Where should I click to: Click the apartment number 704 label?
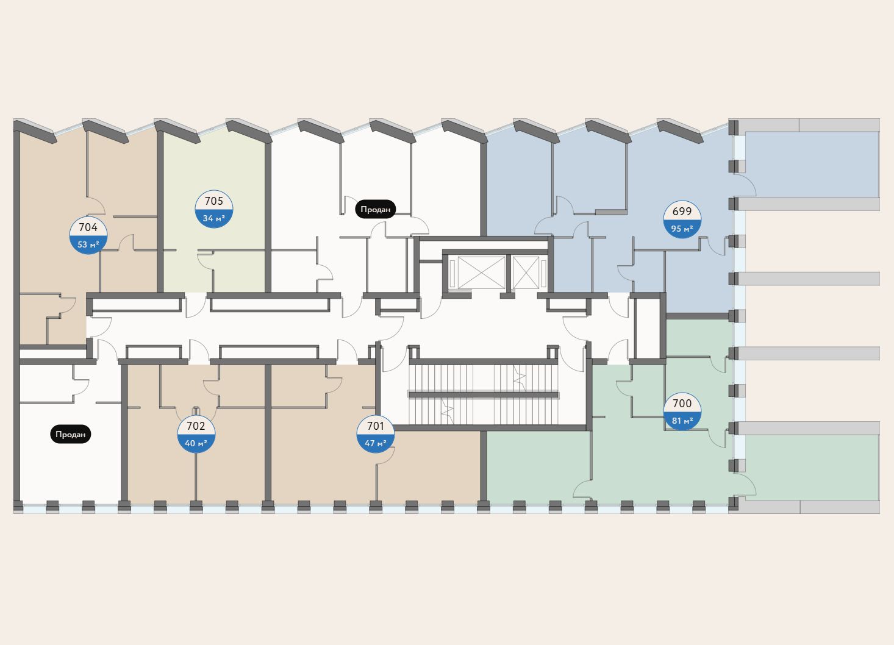click(x=88, y=227)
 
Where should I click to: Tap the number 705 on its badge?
click(x=214, y=201)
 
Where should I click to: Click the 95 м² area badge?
click(x=682, y=229)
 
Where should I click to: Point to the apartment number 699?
click(x=682, y=212)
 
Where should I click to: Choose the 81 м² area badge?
click(x=682, y=421)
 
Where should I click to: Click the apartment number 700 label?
click(x=682, y=404)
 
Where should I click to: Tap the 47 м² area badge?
click(x=376, y=443)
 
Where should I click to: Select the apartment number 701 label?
click(x=376, y=426)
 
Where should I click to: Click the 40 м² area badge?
click(x=196, y=443)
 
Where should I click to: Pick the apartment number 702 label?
click(x=196, y=426)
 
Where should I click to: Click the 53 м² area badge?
click(x=88, y=245)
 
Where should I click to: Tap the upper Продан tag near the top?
click(x=376, y=209)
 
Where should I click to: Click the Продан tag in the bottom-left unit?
click(x=70, y=435)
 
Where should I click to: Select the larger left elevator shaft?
click(x=481, y=273)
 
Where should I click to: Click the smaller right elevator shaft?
click(x=526, y=273)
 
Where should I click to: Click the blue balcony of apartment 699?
click(x=811, y=165)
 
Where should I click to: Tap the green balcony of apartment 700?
click(x=811, y=466)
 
